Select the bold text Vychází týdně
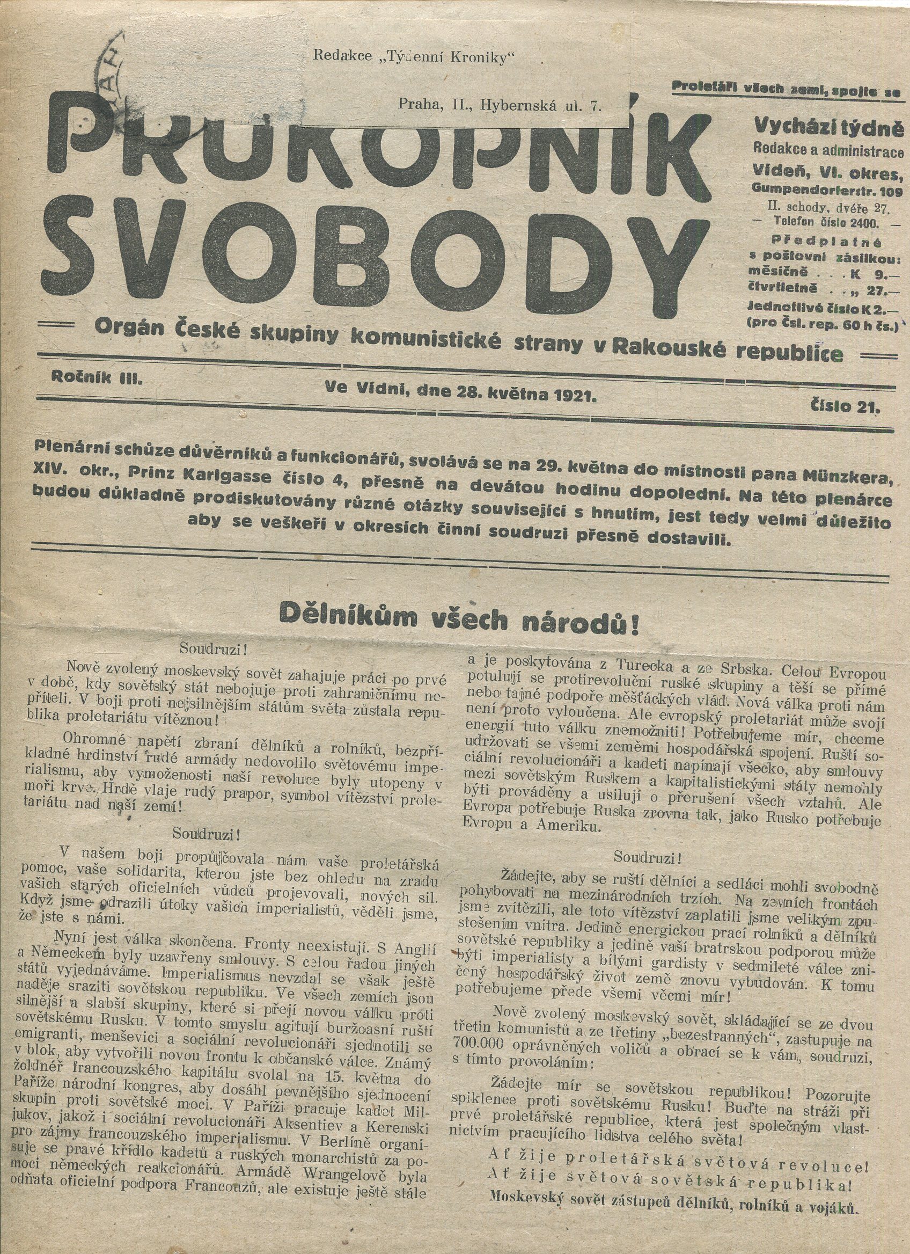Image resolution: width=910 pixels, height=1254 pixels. (x=829, y=129)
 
